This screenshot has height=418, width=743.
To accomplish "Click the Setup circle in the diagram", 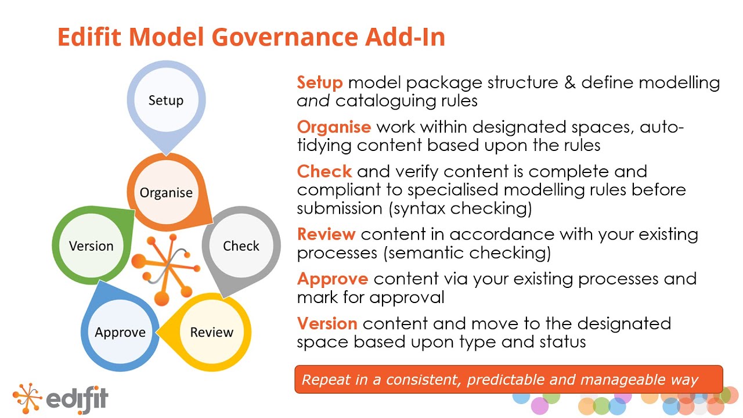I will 165,100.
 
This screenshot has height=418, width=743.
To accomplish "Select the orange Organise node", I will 165,193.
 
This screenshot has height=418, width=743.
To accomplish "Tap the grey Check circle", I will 241,246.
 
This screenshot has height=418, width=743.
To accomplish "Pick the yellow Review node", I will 211,332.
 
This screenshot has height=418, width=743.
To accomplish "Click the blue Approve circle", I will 120,332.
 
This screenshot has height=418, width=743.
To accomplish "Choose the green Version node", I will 91,246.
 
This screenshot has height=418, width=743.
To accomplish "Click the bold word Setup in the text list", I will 320,83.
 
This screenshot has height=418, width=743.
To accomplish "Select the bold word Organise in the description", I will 334,127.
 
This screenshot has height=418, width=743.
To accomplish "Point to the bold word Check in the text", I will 324,172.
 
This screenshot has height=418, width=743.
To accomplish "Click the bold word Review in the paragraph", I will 326,235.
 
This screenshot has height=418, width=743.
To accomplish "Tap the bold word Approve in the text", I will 333,279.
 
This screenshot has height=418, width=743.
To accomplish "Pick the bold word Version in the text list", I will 327,324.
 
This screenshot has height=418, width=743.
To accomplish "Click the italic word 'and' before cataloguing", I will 313,101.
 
